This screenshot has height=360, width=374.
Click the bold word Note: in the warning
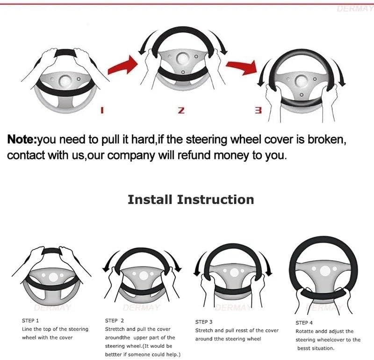22,139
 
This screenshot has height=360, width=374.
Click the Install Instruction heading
191,200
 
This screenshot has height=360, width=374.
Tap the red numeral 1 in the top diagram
102,110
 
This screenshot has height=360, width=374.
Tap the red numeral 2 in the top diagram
181,110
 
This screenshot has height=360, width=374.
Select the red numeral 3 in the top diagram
258,110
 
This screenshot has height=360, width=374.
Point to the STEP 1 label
30,321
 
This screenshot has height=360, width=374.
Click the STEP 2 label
115,321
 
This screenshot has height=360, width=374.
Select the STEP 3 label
204,322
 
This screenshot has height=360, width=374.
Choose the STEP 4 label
304,323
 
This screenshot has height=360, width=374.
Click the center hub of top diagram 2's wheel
181,58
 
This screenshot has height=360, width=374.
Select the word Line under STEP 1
27,329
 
